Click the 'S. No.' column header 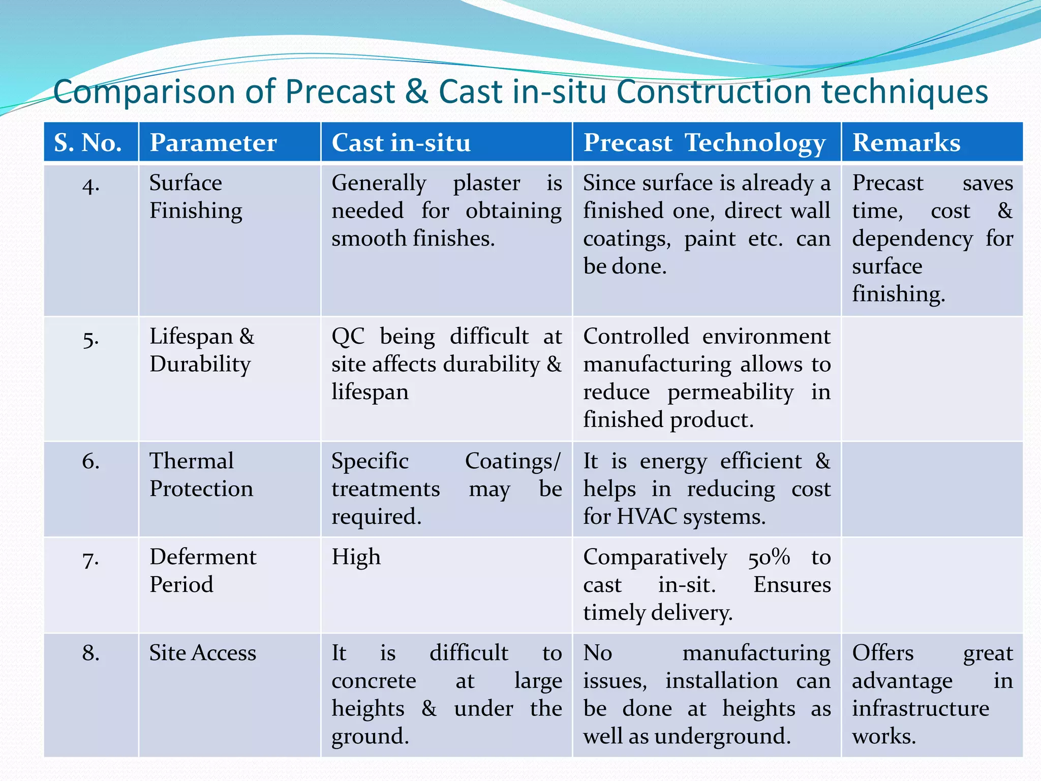[x=88, y=142]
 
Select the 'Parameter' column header [x=213, y=142]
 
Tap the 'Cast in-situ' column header [x=401, y=142]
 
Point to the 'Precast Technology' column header [x=704, y=142]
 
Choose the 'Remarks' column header [x=906, y=142]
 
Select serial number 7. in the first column [x=90, y=559]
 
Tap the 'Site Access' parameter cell [x=202, y=653]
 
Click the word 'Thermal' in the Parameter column [x=192, y=461]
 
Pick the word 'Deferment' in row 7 [x=203, y=557]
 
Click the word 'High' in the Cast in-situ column [x=356, y=557]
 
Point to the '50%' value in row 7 [x=769, y=557]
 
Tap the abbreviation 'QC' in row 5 [x=348, y=337]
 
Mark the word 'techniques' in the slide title [x=904, y=92]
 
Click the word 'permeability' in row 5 [x=730, y=393]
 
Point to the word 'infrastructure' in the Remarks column [x=921, y=708]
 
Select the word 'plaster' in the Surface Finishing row [x=486, y=183]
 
